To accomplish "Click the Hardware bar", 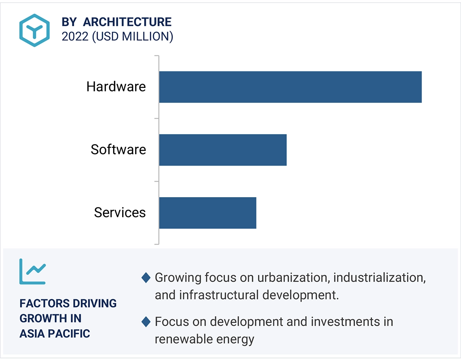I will point(290,87).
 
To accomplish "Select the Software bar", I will point(223,150).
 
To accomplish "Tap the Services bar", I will point(208,213).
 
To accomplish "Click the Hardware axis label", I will point(116,87).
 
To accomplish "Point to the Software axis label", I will point(118,150).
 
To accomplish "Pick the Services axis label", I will point(120,213).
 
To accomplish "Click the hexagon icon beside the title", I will point(35,30).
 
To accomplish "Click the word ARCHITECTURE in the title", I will point(127,22).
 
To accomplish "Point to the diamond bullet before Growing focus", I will point(146,278).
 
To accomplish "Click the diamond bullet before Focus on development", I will point(146,322).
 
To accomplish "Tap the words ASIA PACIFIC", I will point(55,334).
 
